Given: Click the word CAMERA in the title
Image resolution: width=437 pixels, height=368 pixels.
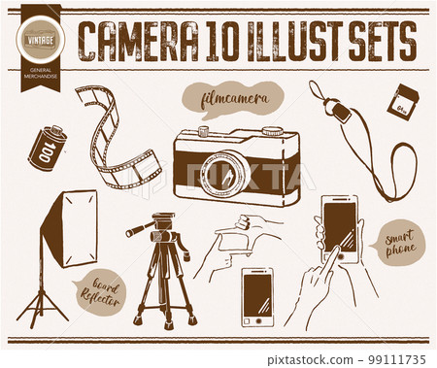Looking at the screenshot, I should click(x=137, y=41).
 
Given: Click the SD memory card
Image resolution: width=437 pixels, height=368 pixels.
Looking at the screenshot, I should click(x=402, y=101).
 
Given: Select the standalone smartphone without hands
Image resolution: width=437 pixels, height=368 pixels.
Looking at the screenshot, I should click(x=257, y=296).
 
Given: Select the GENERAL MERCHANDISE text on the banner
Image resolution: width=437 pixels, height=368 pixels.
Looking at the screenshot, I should click(x=40, y=77).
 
